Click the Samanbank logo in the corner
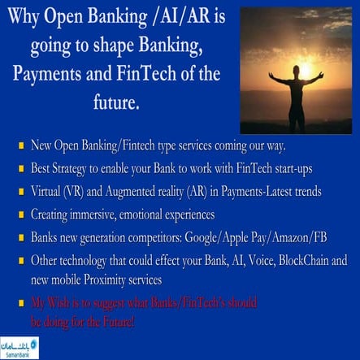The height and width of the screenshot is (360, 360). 20,347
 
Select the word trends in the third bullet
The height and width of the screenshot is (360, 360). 303,192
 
